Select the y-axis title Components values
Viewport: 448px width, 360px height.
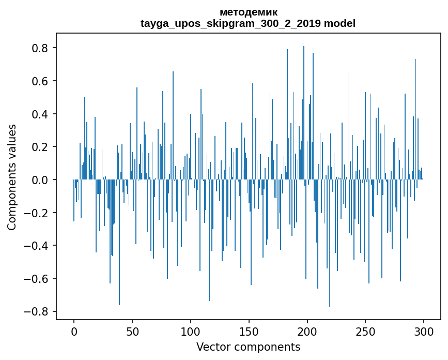12,177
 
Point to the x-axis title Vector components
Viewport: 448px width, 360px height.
248,347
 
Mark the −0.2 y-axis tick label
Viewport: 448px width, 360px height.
37,213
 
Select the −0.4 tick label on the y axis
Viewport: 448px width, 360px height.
37,246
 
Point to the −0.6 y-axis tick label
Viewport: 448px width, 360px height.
37,279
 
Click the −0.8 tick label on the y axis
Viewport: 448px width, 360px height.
37,311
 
